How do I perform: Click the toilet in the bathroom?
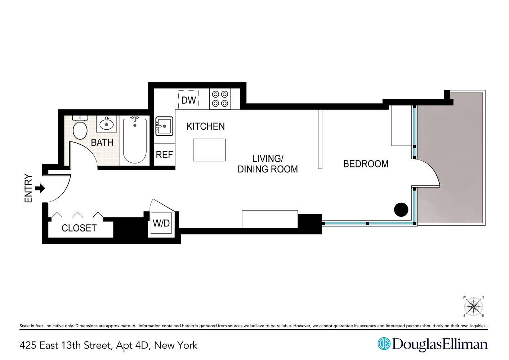point(80,129)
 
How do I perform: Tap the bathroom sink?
point(106,124)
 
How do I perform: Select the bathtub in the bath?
point(135,140)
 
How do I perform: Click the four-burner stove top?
point(220,99)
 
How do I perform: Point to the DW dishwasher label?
point(188,100)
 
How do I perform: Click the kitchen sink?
point(164,126)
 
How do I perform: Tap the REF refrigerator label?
point(164,155)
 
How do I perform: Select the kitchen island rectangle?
point(209,150)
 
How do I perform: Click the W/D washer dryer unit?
point(161,223)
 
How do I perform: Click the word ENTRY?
point(28,188)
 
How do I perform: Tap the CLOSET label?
point(79,228)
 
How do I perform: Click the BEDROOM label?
point(366,164)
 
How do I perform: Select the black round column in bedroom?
point(401,210)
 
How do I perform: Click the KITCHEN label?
point(205,126)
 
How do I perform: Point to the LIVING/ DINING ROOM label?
point(268,164)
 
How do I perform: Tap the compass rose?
point(473,307)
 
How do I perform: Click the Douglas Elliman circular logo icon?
point(384,344)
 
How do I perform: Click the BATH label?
point(102,143)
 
